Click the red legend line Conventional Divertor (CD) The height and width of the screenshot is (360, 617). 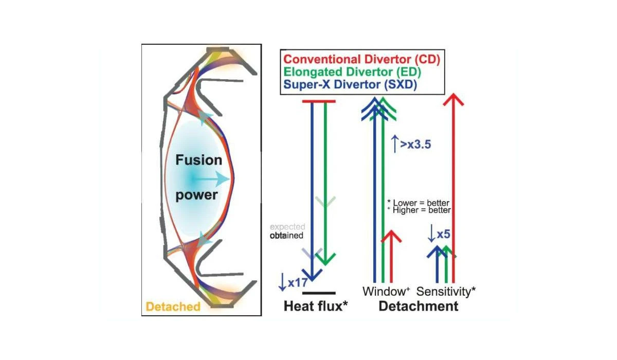click(x=360, y=60)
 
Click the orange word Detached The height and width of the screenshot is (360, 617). click(x=173, y=307)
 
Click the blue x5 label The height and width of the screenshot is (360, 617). click(x=440, y=235)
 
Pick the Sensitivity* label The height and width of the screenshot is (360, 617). click(x=446, y=292)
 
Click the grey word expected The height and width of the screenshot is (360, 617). click(x=287, y=226)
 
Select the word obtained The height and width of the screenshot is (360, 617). click(x=287, y=236)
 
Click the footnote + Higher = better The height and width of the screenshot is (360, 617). click(x=419, y=210)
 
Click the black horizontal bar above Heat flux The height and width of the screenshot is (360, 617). click(x=319, y=293)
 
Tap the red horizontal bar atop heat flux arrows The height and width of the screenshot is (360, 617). click(x=318, y=101)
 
